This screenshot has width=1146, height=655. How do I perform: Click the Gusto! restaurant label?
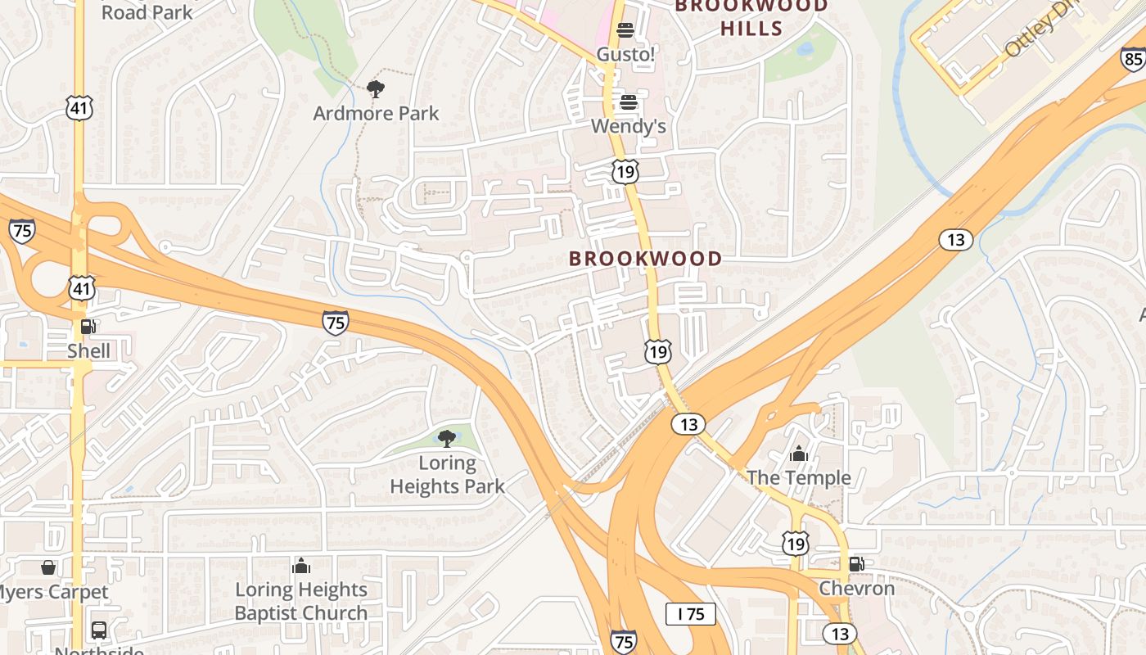point(625,54)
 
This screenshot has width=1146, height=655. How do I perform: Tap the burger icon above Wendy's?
point(628,102)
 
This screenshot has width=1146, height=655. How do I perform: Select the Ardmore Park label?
point(376,113)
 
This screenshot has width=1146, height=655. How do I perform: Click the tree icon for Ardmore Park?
point(376,89)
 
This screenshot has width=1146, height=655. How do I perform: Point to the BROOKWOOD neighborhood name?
point(645,259)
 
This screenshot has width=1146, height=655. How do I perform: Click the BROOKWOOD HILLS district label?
point(751,17)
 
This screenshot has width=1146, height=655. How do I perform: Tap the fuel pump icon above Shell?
point(88,327)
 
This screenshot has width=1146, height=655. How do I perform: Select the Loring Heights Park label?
point(447,475)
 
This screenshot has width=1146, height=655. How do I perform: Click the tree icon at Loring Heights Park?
point(446,440)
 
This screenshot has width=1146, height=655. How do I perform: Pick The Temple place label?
point(798,477)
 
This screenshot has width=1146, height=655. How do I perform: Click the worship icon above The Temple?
point(798,454)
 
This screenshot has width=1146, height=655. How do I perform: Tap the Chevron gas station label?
point(856,588)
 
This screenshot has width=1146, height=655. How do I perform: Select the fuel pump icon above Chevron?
point(856,563)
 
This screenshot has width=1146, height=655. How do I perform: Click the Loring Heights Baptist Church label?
point(301,601)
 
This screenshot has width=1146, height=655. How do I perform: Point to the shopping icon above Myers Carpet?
point(48,567)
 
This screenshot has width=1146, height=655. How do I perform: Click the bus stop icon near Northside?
point(98,630)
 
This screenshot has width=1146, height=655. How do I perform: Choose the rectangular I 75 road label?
point(690,614)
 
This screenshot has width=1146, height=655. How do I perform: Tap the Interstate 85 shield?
point(1133,59)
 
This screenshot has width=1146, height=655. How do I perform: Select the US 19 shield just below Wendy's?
point(625,171)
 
